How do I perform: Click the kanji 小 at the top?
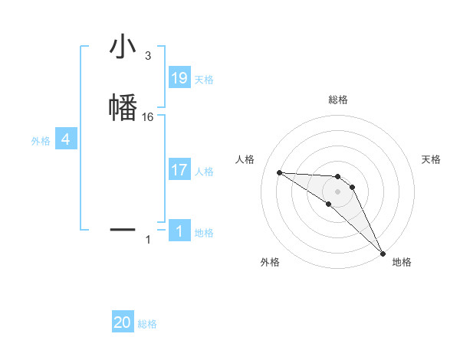point(123,48)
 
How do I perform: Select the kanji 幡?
point(123,106)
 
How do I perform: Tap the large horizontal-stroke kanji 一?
point(123,229)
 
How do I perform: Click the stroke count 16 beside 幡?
point(148,117)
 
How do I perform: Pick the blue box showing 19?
point(179,78)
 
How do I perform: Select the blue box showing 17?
point(179,170)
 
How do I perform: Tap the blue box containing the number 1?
point(179,231)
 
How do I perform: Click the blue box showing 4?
point(66,139)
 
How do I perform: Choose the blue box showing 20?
point(123,322)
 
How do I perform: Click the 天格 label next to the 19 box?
point(204,80)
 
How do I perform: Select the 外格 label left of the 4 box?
point(41,141)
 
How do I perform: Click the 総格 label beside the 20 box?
point(147,324)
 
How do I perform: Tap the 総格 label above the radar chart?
point(338,100)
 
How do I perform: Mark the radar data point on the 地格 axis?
point(383,253)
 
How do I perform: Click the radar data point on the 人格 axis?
point(279,172)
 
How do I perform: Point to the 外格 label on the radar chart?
point(270,263)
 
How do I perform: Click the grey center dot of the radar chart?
point(337,191)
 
